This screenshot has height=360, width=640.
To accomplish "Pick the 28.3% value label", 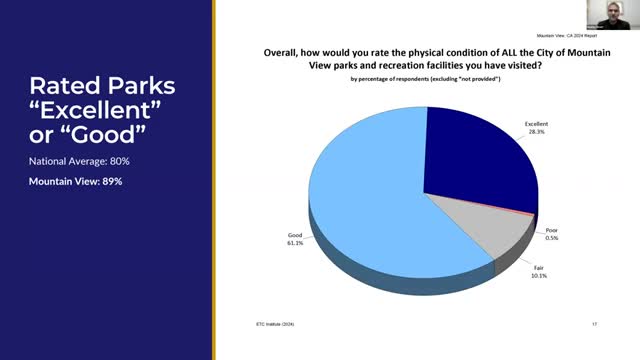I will pyautogui.click(x=537, y=130).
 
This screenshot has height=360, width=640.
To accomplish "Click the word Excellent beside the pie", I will pyautogui.click(x=537, y=123).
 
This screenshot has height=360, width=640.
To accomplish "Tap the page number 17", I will pyautogui.click(x=594, y=323).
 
